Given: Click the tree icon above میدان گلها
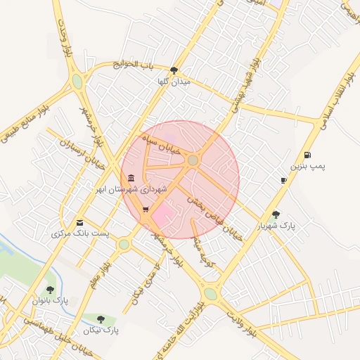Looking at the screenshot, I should (174, 70).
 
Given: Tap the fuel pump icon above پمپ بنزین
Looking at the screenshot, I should (307, 155).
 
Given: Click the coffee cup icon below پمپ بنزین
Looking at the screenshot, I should (283, 181).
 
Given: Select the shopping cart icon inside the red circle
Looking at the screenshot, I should (146, 210).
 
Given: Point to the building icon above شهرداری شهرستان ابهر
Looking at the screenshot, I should (131, 177).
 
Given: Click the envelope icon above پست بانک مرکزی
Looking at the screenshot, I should (79, 221).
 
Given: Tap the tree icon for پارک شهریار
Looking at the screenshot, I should (275, 214).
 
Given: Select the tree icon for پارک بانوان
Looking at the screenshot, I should (49, 289).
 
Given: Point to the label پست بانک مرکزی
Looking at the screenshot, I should (75, 233).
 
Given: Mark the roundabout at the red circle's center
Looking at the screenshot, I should (193, 161).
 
